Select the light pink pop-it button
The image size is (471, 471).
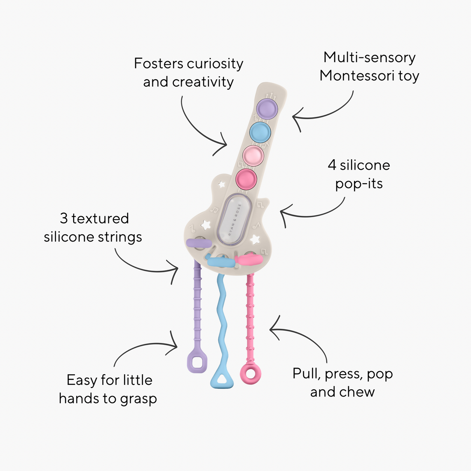(253, 155)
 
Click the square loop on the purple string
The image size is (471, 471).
(197, 363)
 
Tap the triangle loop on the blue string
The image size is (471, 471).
(222, 379)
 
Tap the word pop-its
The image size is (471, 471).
(359, 184)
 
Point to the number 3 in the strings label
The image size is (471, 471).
(64, 218)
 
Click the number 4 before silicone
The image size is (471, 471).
(332, 165)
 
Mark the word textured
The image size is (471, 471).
(100, 218)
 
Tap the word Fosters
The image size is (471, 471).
(158, 64)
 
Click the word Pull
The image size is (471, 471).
(306, 373)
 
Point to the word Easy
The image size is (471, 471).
(82, 380)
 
